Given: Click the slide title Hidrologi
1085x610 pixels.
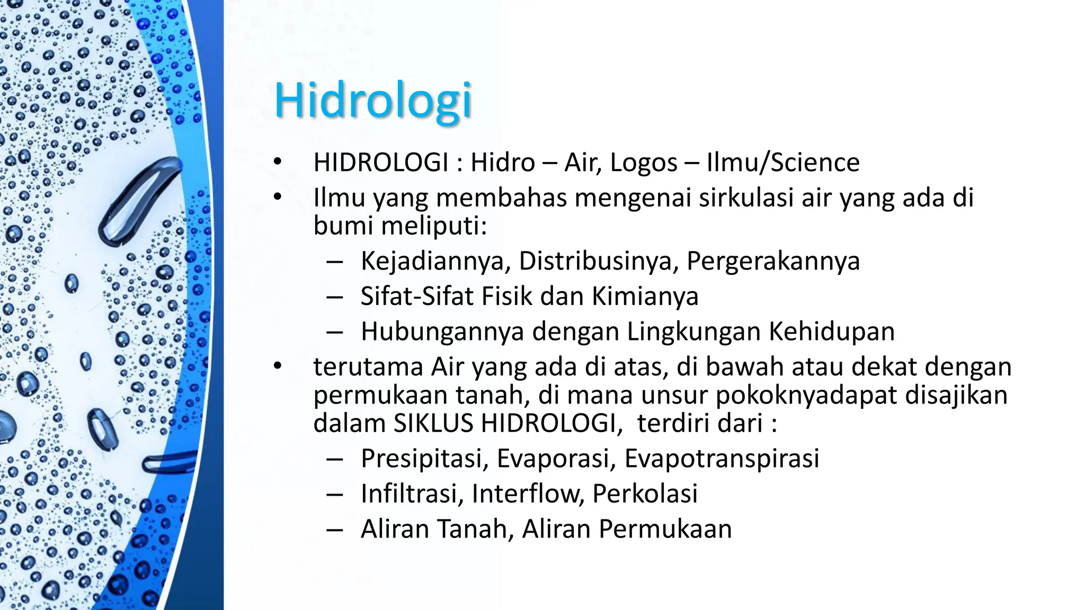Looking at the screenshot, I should pos(372,101).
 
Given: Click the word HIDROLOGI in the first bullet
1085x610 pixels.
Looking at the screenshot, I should pos(381,163).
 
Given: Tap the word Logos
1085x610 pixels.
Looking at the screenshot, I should pos(643,163).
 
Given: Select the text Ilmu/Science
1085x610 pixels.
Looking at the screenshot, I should pos(783,163).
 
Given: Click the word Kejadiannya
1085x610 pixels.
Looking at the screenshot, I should pos(432,261).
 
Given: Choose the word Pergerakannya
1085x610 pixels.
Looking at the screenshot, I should pos(773,261).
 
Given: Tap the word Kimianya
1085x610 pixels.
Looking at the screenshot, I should pos(645,296).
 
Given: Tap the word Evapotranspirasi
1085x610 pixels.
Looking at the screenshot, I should pos(722,459).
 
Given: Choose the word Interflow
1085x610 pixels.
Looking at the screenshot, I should pos(527,494).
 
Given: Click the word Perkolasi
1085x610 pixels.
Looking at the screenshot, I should pos(645,494).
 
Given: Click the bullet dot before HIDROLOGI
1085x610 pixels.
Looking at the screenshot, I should pos(278,163).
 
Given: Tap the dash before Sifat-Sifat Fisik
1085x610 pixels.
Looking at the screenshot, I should pos(334,297).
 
